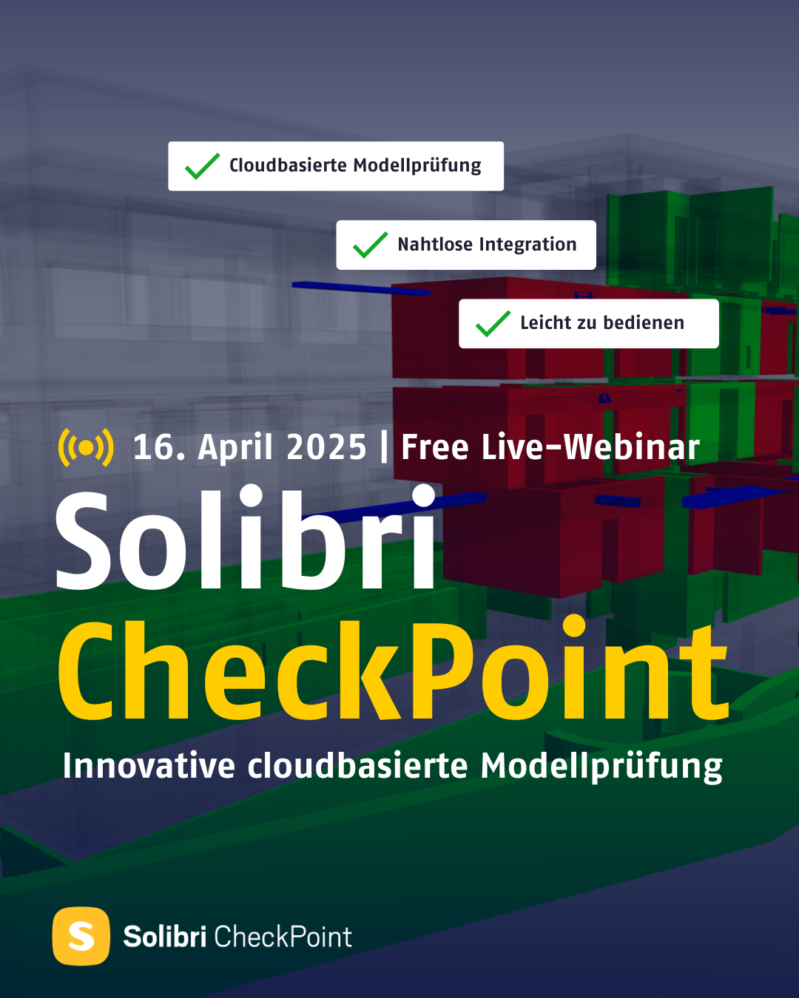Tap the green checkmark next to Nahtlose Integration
coord(370,245)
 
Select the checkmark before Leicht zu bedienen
coord(493,324)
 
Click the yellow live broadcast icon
coord(86,447)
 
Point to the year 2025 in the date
coord(326,447)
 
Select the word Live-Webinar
coord(590,447)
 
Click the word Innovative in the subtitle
coord(149,766)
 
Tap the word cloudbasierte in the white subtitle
coord(357,766)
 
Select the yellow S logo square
coord(81,937)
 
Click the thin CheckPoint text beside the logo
coord(283,937)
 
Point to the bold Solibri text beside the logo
coord(165,937)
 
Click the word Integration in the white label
coord(527,245)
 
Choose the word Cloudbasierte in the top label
coord(288,166)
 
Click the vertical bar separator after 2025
coord(384,447)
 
